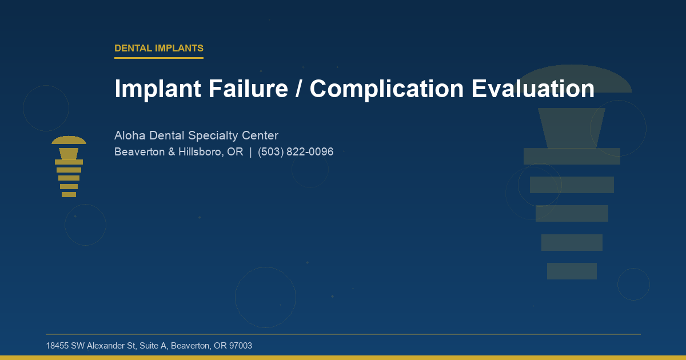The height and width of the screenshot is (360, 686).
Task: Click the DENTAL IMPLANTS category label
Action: [x=159, y=49]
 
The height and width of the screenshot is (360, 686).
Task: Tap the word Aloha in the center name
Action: [x=130, y=136]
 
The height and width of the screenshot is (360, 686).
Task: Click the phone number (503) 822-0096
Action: [x=296, y=153]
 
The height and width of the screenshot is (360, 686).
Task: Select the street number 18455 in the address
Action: [x=57, y=346]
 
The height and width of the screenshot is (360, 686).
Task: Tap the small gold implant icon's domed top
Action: [x=69, y=141]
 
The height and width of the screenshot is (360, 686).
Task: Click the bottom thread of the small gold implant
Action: [x=69, y=195]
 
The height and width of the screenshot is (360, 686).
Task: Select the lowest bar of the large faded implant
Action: [x=572, y=271]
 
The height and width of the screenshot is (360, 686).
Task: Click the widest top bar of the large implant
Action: [x=572, y=156]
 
